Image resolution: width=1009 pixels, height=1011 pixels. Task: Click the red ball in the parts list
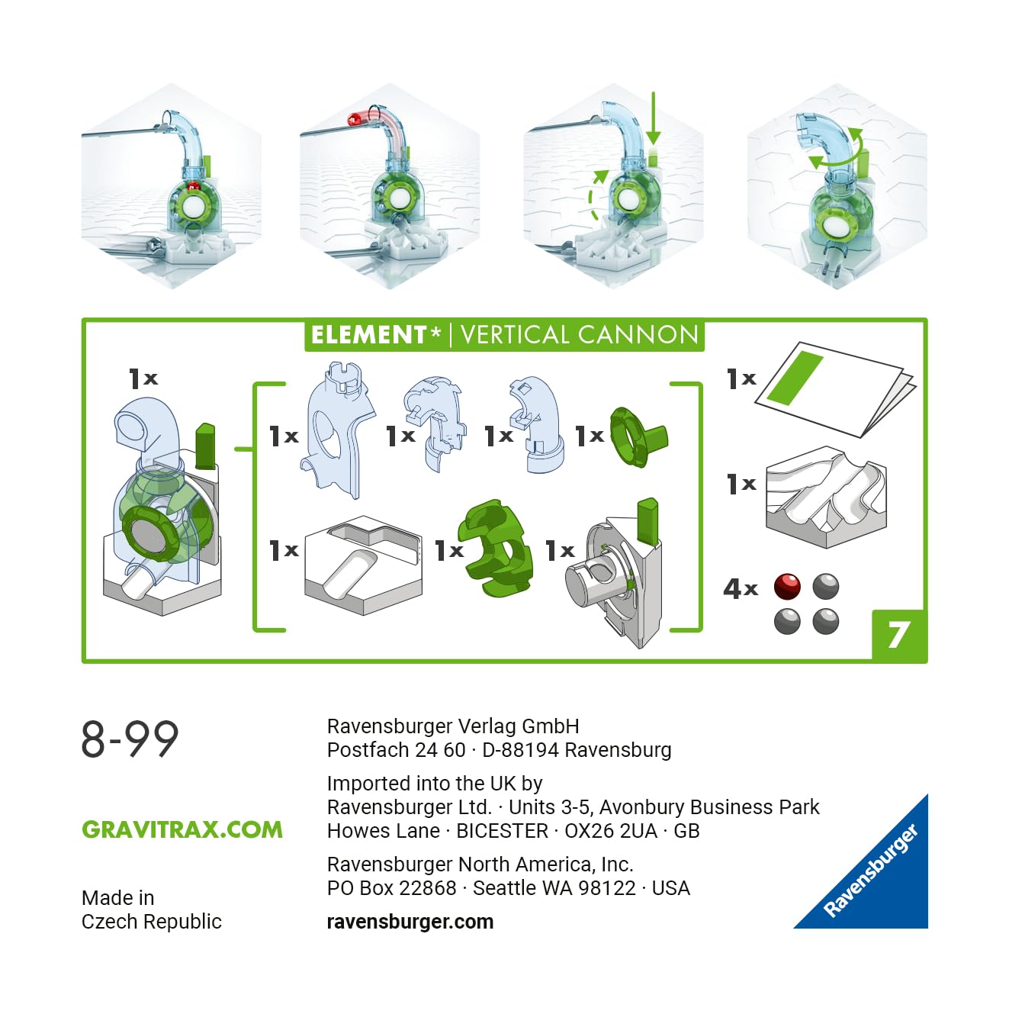tap(787, 587)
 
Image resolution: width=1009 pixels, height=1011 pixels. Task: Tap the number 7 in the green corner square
tap(899, 636)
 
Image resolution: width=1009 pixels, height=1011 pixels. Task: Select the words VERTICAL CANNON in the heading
tap(579, 335)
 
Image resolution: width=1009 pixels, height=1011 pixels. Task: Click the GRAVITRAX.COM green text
tap(182, 829)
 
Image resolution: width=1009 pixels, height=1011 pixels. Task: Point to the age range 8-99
tap(130, 739)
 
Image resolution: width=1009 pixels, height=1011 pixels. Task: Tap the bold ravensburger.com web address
tap(410, 922)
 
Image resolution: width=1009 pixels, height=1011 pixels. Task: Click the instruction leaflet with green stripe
tap(835, 389)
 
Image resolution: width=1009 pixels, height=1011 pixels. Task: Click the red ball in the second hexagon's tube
tap(355, 119)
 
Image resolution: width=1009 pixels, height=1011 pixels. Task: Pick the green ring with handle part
tap(636, 436)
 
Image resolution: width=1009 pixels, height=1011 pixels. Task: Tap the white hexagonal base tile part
tap(363, 565)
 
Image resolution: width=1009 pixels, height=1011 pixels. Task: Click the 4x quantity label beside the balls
tap(740, 588)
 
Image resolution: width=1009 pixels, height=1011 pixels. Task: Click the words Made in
tap(117, 898)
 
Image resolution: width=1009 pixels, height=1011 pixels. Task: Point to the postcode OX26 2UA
tap(610, 831)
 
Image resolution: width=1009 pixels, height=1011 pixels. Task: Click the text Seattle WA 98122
tap(554, 888)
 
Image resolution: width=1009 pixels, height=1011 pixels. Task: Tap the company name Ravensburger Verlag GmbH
tap(453, 726)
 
